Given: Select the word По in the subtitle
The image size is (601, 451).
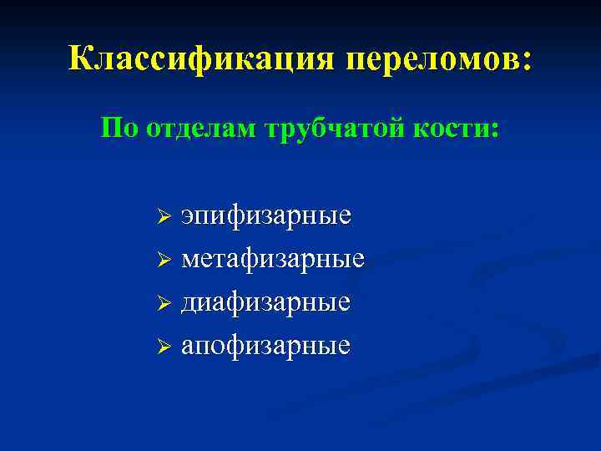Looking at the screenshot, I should [x=119, y=129].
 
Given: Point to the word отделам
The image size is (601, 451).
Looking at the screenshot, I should [x=200, y=129].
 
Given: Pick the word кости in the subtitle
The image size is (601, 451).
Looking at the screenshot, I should [x=451, y=129].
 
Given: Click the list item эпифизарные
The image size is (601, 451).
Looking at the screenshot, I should [x=266, y=217].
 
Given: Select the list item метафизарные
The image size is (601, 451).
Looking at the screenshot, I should [x=273, y=260].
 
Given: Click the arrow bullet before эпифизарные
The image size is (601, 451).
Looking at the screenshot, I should [x=164, y=217].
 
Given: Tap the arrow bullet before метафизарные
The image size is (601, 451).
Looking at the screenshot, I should [x=164, y=261].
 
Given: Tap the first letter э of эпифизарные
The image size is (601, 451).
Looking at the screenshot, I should [x=188, y=217].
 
